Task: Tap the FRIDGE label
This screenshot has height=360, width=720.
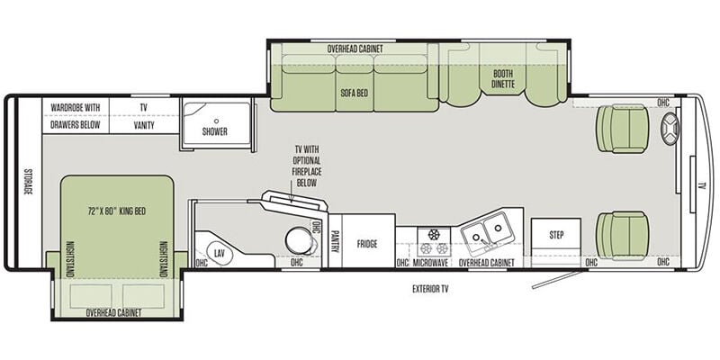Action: [367, 244]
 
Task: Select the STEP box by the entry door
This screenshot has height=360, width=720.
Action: [556, 238]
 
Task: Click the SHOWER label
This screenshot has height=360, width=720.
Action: [215, 131]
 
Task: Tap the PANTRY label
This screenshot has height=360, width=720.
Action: [335, 241]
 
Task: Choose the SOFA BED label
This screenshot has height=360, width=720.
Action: [354, 93]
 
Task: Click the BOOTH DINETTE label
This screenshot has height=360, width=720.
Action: [503, 78]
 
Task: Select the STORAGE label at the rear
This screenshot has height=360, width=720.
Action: [29, 182]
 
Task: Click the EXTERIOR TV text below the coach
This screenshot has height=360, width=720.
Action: [430, 289]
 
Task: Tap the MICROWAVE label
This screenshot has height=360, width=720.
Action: [430, 263]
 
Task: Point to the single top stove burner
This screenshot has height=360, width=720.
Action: [434, 234]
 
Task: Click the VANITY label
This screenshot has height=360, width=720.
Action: [144, 125]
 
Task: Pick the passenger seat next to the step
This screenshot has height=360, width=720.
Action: [622, 236]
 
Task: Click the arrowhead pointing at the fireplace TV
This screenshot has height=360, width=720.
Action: [290, 198]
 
